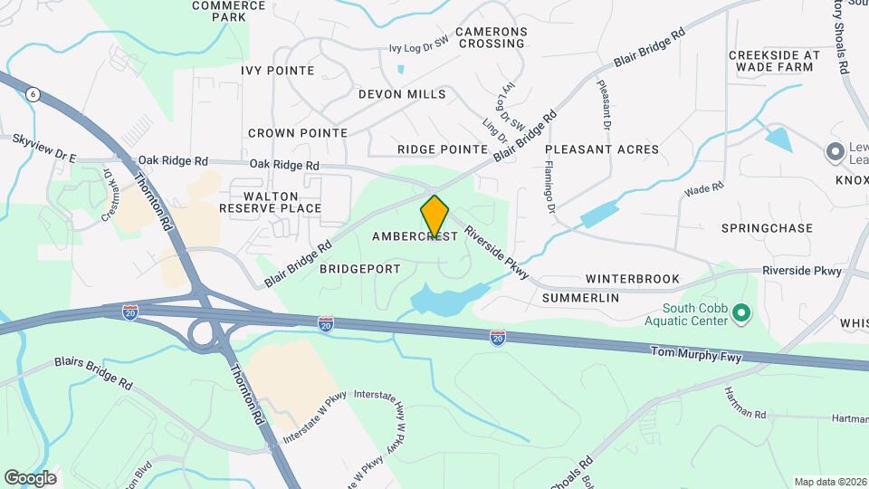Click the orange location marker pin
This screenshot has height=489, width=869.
point(434,216)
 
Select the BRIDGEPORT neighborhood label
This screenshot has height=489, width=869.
point(360,269)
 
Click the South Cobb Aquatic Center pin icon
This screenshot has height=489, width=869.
point(742,313)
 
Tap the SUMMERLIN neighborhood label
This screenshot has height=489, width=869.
point(580,297)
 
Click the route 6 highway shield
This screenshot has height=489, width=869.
point(33,93)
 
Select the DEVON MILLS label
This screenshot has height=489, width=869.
point(402,94)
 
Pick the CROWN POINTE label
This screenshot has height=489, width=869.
point(298,133)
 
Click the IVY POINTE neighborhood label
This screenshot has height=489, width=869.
point(278,71)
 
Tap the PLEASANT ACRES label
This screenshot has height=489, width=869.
point(602,149)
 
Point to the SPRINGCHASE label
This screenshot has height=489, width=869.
point(768,228)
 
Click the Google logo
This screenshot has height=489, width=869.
point(30,478)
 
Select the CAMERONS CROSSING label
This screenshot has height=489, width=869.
point(491,37)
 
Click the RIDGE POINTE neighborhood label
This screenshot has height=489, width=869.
point(444,149)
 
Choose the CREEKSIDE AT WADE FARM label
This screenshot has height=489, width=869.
point(774,61)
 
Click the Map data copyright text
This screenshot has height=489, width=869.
point(830,482)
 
